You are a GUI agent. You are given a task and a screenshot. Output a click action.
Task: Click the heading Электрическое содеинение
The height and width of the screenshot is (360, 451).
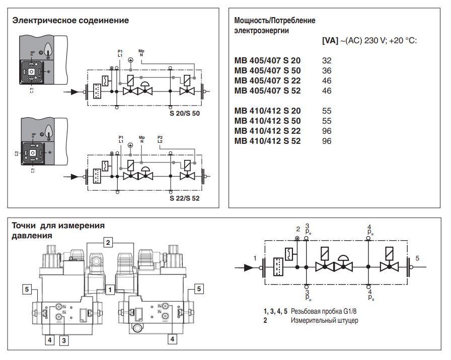click(x=70, y=21)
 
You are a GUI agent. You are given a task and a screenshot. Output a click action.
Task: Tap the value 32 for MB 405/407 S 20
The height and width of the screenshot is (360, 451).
click(x=327, y=61)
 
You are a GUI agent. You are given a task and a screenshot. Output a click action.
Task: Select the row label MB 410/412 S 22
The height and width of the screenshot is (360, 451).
click(x=267, y=131)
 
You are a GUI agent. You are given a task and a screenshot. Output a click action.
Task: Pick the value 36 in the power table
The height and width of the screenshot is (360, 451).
click(x=327, y=71)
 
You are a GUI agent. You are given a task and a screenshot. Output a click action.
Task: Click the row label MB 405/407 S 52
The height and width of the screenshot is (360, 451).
click(x=267, y=91)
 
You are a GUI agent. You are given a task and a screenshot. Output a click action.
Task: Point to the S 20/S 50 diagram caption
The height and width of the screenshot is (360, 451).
click(x=185, y=113)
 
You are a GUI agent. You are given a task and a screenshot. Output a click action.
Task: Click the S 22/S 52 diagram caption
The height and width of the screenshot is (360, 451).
click(x=185, y=198)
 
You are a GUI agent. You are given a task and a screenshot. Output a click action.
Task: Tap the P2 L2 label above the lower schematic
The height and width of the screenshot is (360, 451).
click(x=160, y=139)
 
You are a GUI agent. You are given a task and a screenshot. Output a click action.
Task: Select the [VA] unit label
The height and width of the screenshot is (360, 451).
click(x=330, y=41)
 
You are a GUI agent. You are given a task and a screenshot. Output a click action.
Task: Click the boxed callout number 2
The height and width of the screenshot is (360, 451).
click(x=108, y=242)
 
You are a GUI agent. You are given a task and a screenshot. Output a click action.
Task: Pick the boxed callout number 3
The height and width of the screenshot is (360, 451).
click(x=64, y=340)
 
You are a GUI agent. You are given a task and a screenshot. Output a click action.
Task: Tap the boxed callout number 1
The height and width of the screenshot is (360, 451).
click(x=110, y=290)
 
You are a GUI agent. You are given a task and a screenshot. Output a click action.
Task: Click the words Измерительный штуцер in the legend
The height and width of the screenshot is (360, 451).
click(x=325, y=320)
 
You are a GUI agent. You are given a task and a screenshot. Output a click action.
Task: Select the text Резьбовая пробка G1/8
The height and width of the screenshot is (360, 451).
click(x=324, y=311)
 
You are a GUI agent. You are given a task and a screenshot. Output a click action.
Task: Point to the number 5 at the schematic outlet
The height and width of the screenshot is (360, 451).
click(x=417, y=258)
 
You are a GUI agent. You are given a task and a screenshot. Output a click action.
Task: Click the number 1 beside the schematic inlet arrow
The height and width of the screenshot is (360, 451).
click(x=255, y=258)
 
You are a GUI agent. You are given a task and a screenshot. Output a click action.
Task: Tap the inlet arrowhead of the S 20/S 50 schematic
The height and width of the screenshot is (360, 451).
click(x=74, y=92)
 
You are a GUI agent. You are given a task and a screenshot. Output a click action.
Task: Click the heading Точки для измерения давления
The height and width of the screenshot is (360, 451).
click(x=58, y=230)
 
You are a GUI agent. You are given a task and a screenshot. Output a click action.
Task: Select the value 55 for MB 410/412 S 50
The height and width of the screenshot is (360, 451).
click(x=327, y=121)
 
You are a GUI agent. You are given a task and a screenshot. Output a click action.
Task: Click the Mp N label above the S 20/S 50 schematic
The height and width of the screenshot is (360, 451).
click(x=141, y=53)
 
